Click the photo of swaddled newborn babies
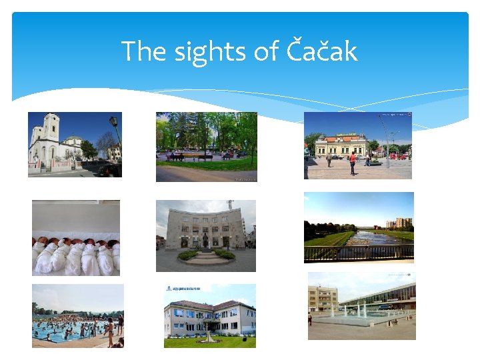[76, 238]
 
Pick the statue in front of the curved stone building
[206, 241]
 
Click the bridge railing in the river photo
[359, 253]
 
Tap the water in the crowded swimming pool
[67, 331]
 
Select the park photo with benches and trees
[206, 147]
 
